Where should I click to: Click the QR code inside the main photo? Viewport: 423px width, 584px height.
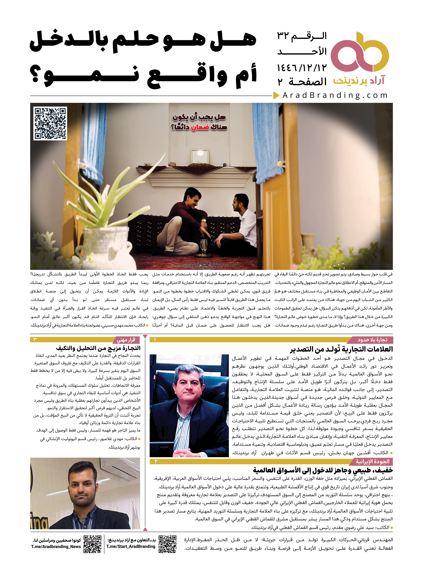50,123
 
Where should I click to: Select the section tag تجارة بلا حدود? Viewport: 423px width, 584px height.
372,340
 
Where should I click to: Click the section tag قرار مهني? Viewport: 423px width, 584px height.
126,340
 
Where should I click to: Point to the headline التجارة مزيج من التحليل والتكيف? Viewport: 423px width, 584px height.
98,348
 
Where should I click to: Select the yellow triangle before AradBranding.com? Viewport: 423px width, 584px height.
276,95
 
